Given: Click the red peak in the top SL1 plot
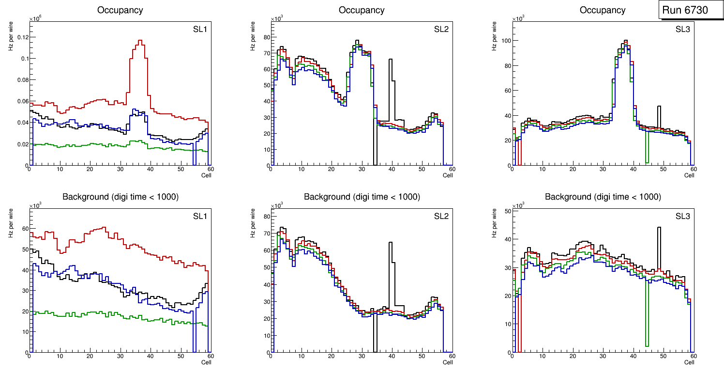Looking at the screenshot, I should click(x=140, y=42).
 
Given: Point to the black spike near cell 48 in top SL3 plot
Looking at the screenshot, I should click(x=658, y=108).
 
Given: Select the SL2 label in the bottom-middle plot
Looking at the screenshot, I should click(x=441, y=217).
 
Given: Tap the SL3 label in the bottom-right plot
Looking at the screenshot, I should click(x=682, y=217).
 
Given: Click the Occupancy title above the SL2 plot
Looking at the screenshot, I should click(x=362, y=10).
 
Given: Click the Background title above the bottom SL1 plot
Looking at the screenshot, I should click(x=120, y=197).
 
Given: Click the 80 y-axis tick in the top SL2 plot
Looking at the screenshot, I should click(x=264, y=37).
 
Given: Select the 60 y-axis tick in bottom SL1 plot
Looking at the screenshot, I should click(x=21, y=228).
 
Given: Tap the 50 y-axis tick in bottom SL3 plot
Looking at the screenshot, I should click(x=504, y=211).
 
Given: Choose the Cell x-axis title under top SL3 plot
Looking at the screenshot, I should click(x=689, y=175).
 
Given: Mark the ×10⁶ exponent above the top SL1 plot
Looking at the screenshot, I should click(x=35, y=19).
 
